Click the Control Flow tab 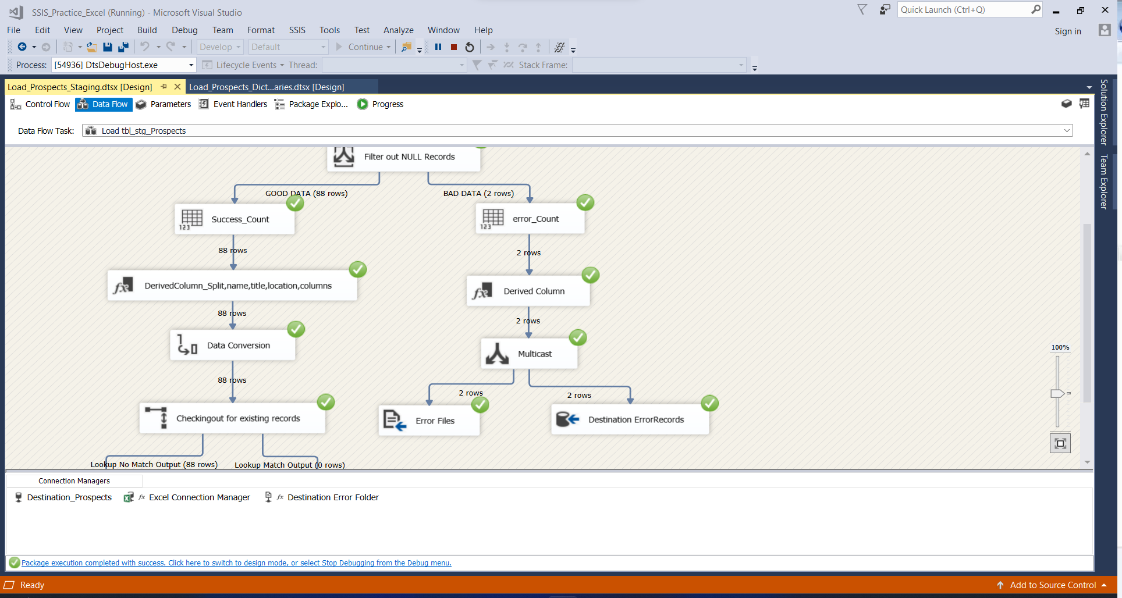coord(40,104)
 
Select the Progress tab coord(381,104)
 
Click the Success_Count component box coord(235,219)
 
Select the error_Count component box coord(530,219)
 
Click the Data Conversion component coord(233,346)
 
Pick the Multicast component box coord(529,354)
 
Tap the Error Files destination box coord(429,421)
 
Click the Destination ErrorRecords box coord(630,419)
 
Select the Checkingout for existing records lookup coord(232,418)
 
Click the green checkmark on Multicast coord(578,337)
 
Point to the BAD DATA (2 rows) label coord(478,193)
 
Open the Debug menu coord(184,30)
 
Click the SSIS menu coord(297,30)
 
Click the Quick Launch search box coord(965,10)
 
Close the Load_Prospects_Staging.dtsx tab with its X coord(177,87)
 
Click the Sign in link coord(1068,31)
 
